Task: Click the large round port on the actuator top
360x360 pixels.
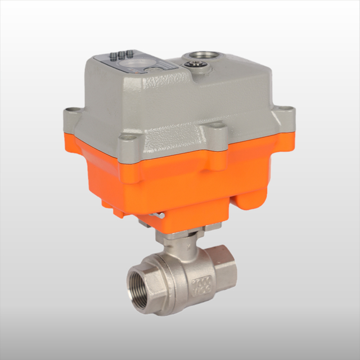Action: tap(199, 56)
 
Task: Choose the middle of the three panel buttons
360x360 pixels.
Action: tap(121, 54)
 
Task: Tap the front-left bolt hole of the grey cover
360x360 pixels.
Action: tap(127, 137)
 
